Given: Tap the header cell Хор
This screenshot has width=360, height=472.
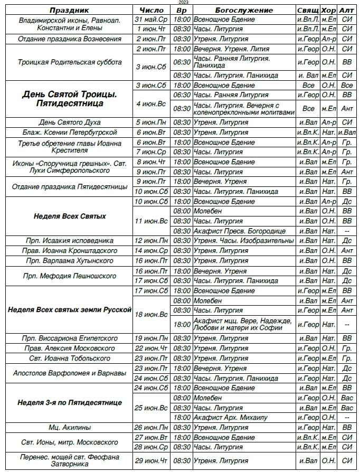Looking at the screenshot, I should tap(328, 10).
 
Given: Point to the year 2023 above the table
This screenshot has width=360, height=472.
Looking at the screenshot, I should tap(183, 3).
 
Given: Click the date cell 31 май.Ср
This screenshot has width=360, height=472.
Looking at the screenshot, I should tap(152, 20).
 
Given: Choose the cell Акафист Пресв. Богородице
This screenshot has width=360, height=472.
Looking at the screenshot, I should tap(239, 231).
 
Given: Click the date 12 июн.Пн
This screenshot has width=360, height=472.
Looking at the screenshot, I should tap(152, 241).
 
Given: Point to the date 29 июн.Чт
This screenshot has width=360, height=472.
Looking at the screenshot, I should tap(152, 461).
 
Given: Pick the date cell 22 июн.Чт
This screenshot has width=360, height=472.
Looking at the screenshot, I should tap(152, 348).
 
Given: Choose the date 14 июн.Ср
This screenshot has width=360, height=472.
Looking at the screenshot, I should tap(152, 251).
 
